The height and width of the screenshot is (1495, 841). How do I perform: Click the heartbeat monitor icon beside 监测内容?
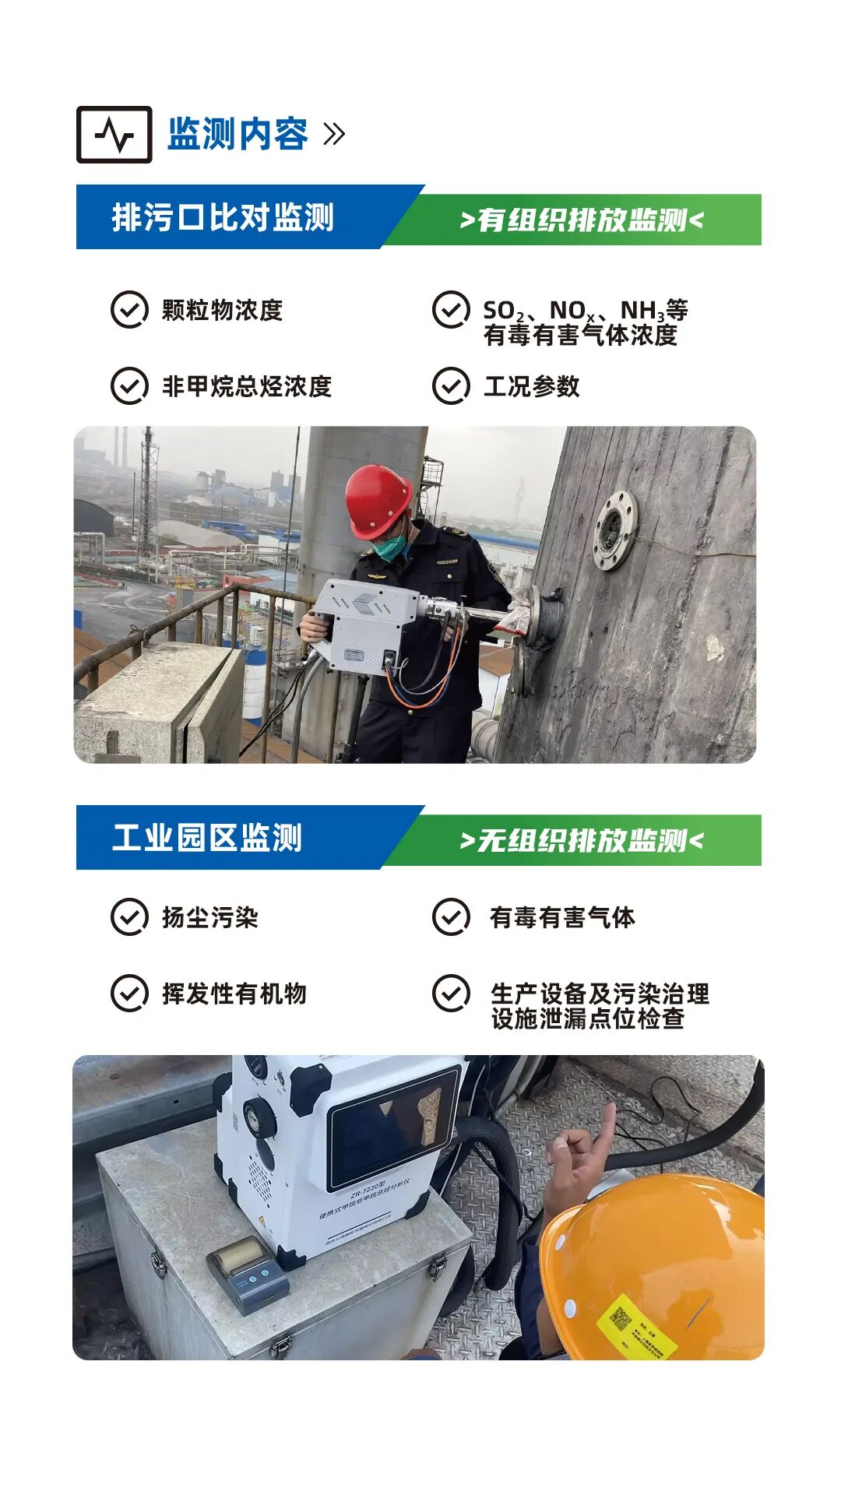[114, 135]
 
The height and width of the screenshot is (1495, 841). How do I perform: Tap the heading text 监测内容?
[238, 134]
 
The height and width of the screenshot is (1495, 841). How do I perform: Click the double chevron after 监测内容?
[334, 134]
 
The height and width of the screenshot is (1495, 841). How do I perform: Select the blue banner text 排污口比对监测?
[223, 217]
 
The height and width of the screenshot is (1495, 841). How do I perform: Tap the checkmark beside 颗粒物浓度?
[129, 310]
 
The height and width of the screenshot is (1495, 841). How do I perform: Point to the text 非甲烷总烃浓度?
[247, 386]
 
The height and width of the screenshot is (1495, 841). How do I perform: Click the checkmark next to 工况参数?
[451, 386]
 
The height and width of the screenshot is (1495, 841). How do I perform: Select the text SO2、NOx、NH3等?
[585, 311]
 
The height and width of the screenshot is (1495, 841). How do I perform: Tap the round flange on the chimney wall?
[614, 530]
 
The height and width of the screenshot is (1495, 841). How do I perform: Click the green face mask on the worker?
[392, 546]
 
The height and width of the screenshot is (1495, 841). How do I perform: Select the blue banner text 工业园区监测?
[207, 838]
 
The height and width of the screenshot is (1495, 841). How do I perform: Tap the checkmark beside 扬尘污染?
[129, 917]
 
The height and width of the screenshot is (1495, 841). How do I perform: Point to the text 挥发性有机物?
[234, 994]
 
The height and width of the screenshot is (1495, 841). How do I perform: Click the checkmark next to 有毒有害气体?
[451, 917]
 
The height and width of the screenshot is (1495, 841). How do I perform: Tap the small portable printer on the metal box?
[248, 1274]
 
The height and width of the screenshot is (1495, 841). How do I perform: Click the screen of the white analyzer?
[393, 1126]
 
